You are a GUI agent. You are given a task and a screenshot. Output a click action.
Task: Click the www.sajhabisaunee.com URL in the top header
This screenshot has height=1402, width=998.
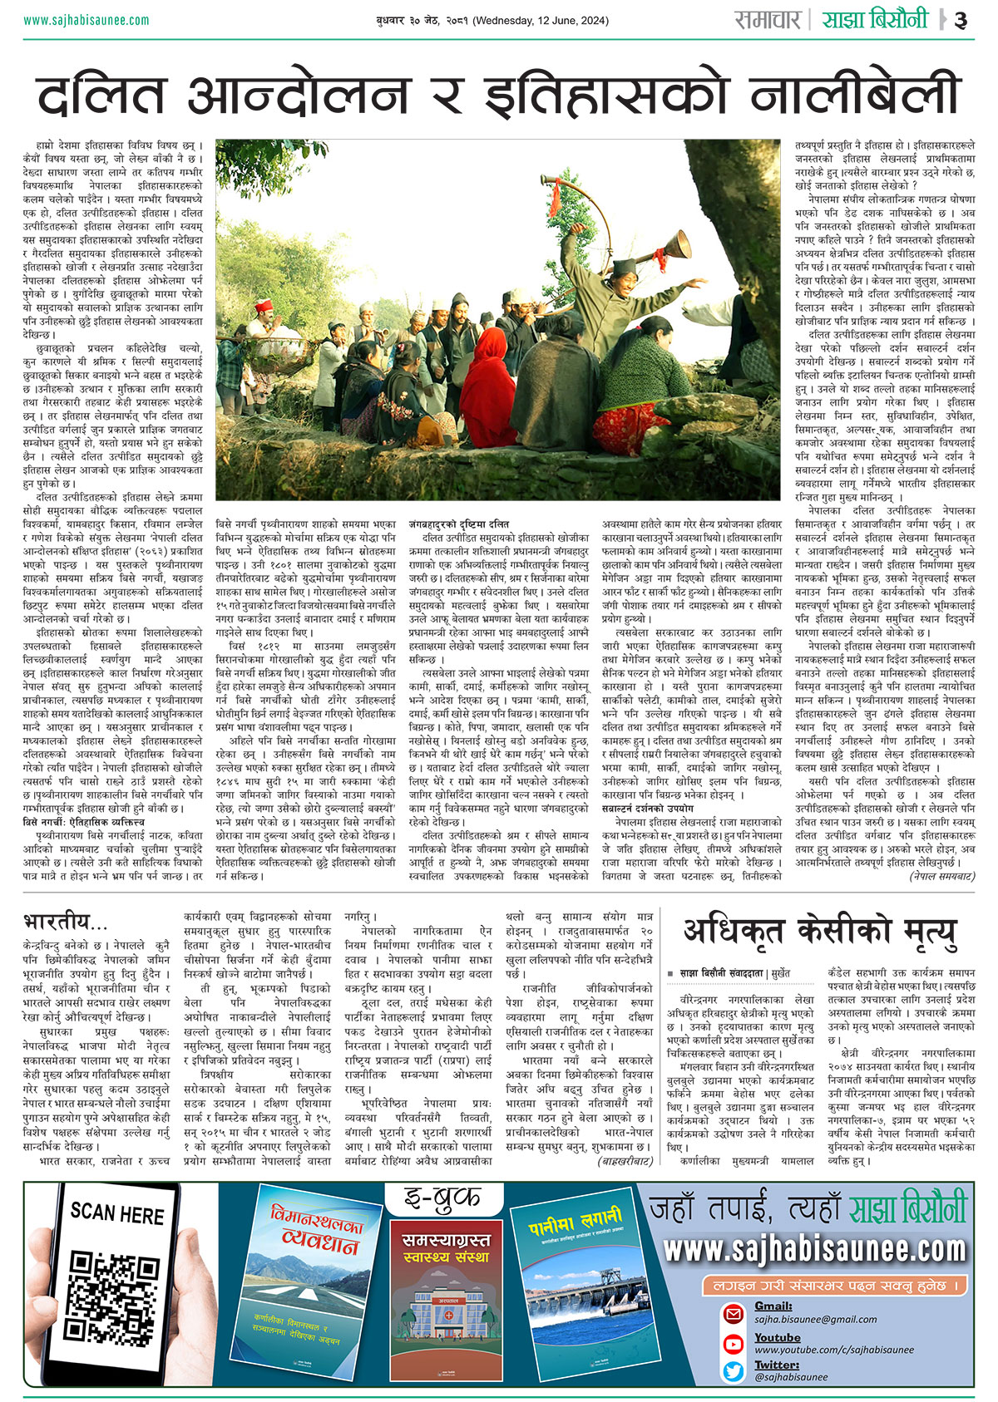(80, 20)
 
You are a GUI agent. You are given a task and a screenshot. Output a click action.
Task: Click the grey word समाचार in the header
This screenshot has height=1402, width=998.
(767, 20)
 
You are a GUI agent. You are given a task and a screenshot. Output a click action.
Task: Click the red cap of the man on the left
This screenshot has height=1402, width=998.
(265, 307)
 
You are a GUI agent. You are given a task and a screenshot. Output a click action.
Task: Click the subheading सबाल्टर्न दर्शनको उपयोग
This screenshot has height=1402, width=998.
(648, 808)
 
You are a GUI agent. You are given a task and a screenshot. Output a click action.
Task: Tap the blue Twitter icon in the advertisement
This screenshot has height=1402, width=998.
(733, 1371)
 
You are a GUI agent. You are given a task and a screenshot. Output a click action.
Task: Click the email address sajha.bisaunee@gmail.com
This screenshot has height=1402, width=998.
(804, 1319)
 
